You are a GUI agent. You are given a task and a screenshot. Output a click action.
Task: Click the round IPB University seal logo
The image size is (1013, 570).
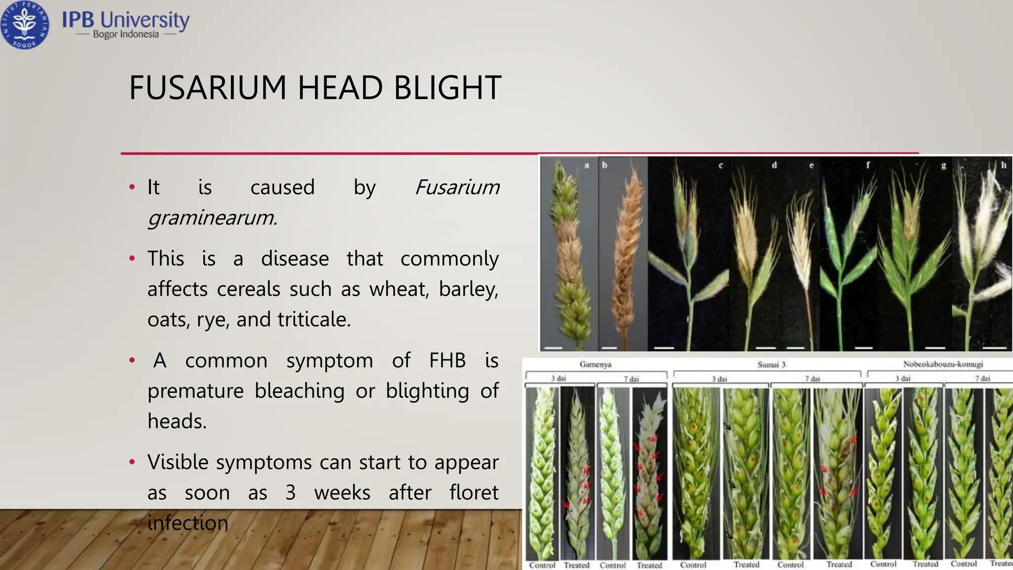[x=24, y=25]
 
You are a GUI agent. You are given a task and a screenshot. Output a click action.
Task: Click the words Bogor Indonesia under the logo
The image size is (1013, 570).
[x=126, y=34]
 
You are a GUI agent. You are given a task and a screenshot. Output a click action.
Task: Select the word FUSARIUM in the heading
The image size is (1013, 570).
[x=208, y=88]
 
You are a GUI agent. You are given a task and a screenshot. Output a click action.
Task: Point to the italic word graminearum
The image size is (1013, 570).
[x=212, y=217]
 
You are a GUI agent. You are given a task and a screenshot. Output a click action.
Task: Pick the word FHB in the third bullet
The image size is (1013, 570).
[x=447, y=360]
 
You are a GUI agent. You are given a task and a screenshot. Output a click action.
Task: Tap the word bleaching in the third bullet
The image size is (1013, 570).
[x=299, y=391]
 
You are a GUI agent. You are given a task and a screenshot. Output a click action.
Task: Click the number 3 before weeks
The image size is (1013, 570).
[x=290, y=493]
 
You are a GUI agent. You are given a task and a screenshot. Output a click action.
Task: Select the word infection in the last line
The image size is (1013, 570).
[x=188, y=523]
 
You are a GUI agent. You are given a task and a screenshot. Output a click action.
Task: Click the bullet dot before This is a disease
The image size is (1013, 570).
[x=132, y=259]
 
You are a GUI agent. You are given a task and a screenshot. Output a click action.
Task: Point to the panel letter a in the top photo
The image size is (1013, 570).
[x=587, y=165]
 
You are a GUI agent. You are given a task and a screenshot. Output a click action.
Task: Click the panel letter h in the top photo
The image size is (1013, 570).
[x=1004, y=165]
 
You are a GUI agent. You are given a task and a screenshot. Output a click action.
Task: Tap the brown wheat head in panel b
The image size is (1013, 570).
[x=626, y=247]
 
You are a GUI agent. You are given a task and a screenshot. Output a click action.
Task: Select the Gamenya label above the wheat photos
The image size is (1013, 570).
[x=595, y=365]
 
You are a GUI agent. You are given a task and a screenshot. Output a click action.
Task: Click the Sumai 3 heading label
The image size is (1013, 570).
[x=771, y=365]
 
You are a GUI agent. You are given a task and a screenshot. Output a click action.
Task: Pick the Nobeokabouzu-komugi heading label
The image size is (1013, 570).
[x=943, y=364]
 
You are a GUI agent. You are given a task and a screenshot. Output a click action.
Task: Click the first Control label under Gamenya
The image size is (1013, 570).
[x=542, y=565]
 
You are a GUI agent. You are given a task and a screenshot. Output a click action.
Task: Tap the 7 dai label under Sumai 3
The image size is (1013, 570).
[x=812, y=379]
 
